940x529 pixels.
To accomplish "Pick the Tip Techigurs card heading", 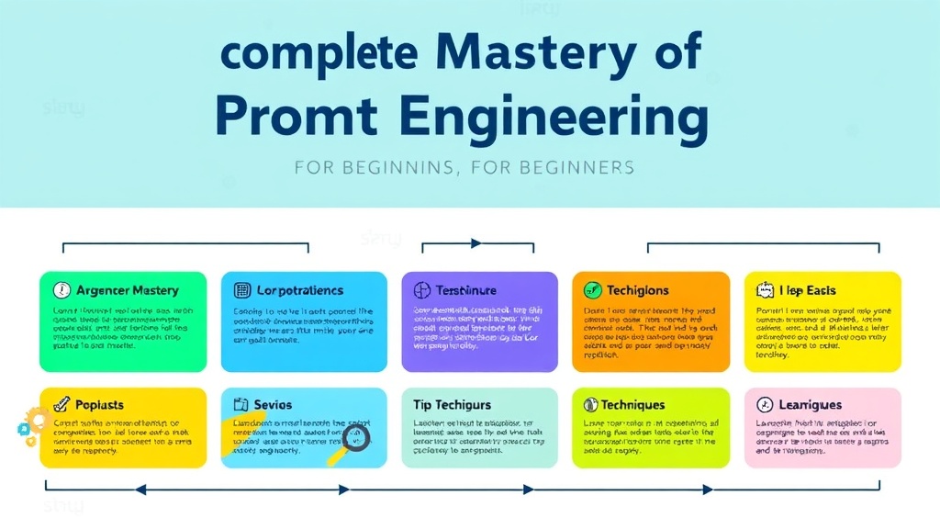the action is pos(452,405).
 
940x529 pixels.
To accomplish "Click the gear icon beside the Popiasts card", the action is pos(36,422).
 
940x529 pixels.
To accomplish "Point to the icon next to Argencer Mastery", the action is pos(62,290).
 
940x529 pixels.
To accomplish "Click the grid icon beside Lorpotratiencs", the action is pos(243,290).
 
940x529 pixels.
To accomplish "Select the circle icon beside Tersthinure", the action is pos(422,290).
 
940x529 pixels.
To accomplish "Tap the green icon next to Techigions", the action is pos(592,290).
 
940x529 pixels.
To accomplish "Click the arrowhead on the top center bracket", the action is pos(476,243).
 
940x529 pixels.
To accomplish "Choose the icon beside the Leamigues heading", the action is pos(764,405).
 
